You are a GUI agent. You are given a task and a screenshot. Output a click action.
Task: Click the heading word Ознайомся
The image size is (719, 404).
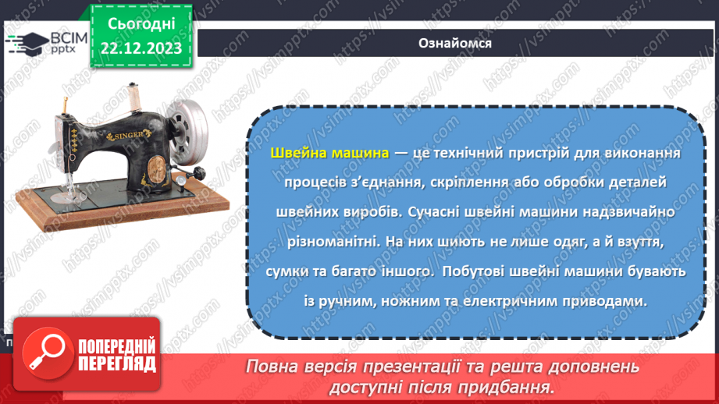pyautogui.click(x=454, y=44)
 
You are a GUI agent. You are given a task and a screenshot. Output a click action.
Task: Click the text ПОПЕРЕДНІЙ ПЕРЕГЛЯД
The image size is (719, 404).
pyautogui.click(x=116, y=356)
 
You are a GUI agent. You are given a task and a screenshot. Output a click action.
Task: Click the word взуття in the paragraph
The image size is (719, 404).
pyautogui.click(x=642, y=242)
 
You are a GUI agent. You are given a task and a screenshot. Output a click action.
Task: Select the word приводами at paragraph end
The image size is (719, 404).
pyautogui.click(x=611, y=301)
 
